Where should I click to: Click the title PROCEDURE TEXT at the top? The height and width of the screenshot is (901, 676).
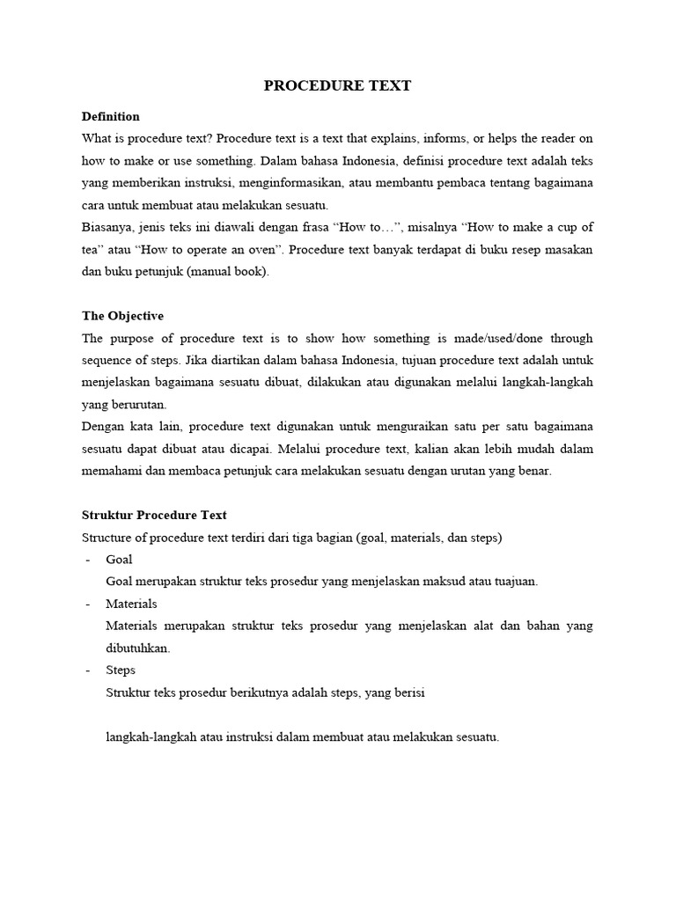pos(338,85)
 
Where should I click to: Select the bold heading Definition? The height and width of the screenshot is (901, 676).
pos(110,116)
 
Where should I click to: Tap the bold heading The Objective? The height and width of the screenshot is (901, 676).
pos(122,316)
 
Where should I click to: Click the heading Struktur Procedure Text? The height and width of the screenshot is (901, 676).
pos(154,515)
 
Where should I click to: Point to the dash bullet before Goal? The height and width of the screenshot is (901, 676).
pos(87,560)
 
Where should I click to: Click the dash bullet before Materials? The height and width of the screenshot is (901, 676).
pos(87,604)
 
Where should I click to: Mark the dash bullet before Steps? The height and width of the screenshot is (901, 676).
pos(87,670)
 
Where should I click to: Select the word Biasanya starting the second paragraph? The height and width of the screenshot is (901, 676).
pos(109,227)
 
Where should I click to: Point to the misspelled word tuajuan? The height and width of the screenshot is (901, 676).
pos(514,581)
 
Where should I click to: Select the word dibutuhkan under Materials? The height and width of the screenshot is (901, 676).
pos(136,648)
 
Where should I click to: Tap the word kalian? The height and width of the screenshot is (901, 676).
pos(429,449)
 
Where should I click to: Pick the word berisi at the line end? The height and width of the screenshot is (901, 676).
pos(408,692)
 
